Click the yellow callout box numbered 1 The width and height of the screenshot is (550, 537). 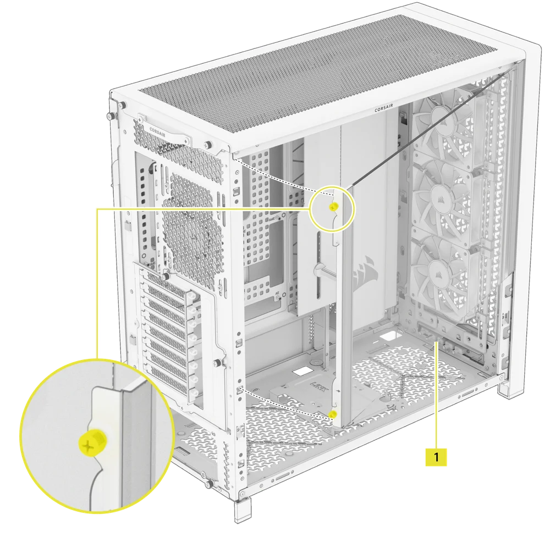437,457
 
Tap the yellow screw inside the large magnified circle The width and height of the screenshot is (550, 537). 89,444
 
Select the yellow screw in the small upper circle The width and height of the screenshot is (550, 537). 332,207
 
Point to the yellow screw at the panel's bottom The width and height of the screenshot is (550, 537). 332,413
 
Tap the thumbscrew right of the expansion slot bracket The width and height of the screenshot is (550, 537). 221,362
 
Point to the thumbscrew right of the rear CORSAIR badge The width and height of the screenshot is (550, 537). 208,144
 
